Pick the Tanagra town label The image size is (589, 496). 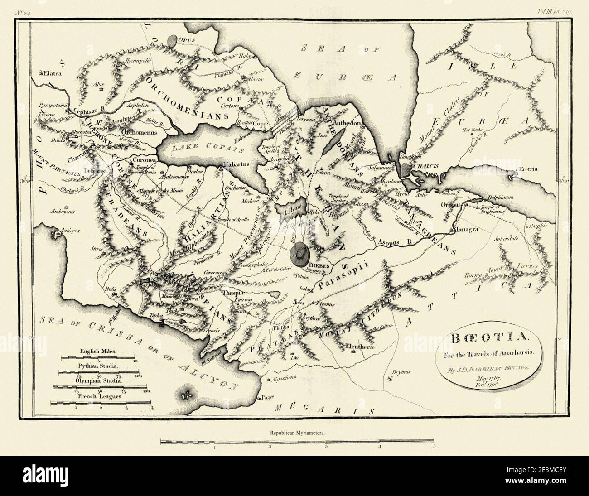tap(468, 230)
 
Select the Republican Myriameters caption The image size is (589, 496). tap(298, 432)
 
